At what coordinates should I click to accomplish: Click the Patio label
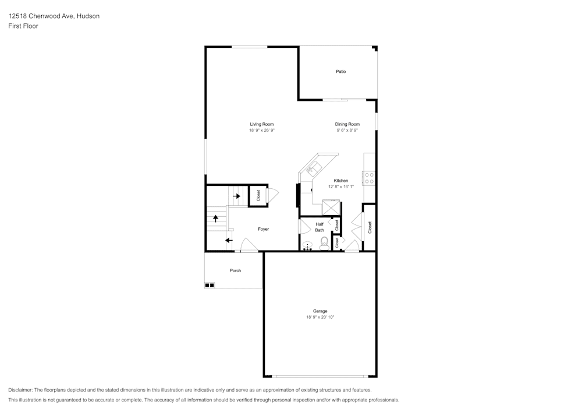[x=340, y=71]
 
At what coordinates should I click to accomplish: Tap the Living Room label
[x=262, y=124]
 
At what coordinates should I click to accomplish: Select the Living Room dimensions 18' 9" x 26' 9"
[x=262, y=131]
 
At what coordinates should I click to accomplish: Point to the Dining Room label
[x=347, y=124]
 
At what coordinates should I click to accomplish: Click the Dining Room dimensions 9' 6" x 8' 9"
[x=347, y=131]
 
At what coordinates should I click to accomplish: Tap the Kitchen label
[x=340, y=181]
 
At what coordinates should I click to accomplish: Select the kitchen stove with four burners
[x=370, y=178]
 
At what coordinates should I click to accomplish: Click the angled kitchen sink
[x=313, y=168]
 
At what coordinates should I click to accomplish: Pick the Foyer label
[x=263, y=229]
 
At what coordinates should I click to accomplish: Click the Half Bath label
[x=320, y=227]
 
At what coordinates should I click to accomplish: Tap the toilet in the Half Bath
[x=324, y=244]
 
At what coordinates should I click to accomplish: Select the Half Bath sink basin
[x=308, y=245]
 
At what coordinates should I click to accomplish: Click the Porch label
[x=235, y=270]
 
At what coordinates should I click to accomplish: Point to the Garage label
[x=320, y=311]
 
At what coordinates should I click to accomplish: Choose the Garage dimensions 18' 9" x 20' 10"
[x=320, y=317]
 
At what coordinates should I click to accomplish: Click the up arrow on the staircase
[x=215, y=218]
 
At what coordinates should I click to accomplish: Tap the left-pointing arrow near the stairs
[x=229, y=240]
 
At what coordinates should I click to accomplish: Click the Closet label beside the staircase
[x=258, y=196]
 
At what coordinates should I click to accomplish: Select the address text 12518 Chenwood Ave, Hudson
[x=54, y=16]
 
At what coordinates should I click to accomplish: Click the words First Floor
[x=23, y=26]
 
